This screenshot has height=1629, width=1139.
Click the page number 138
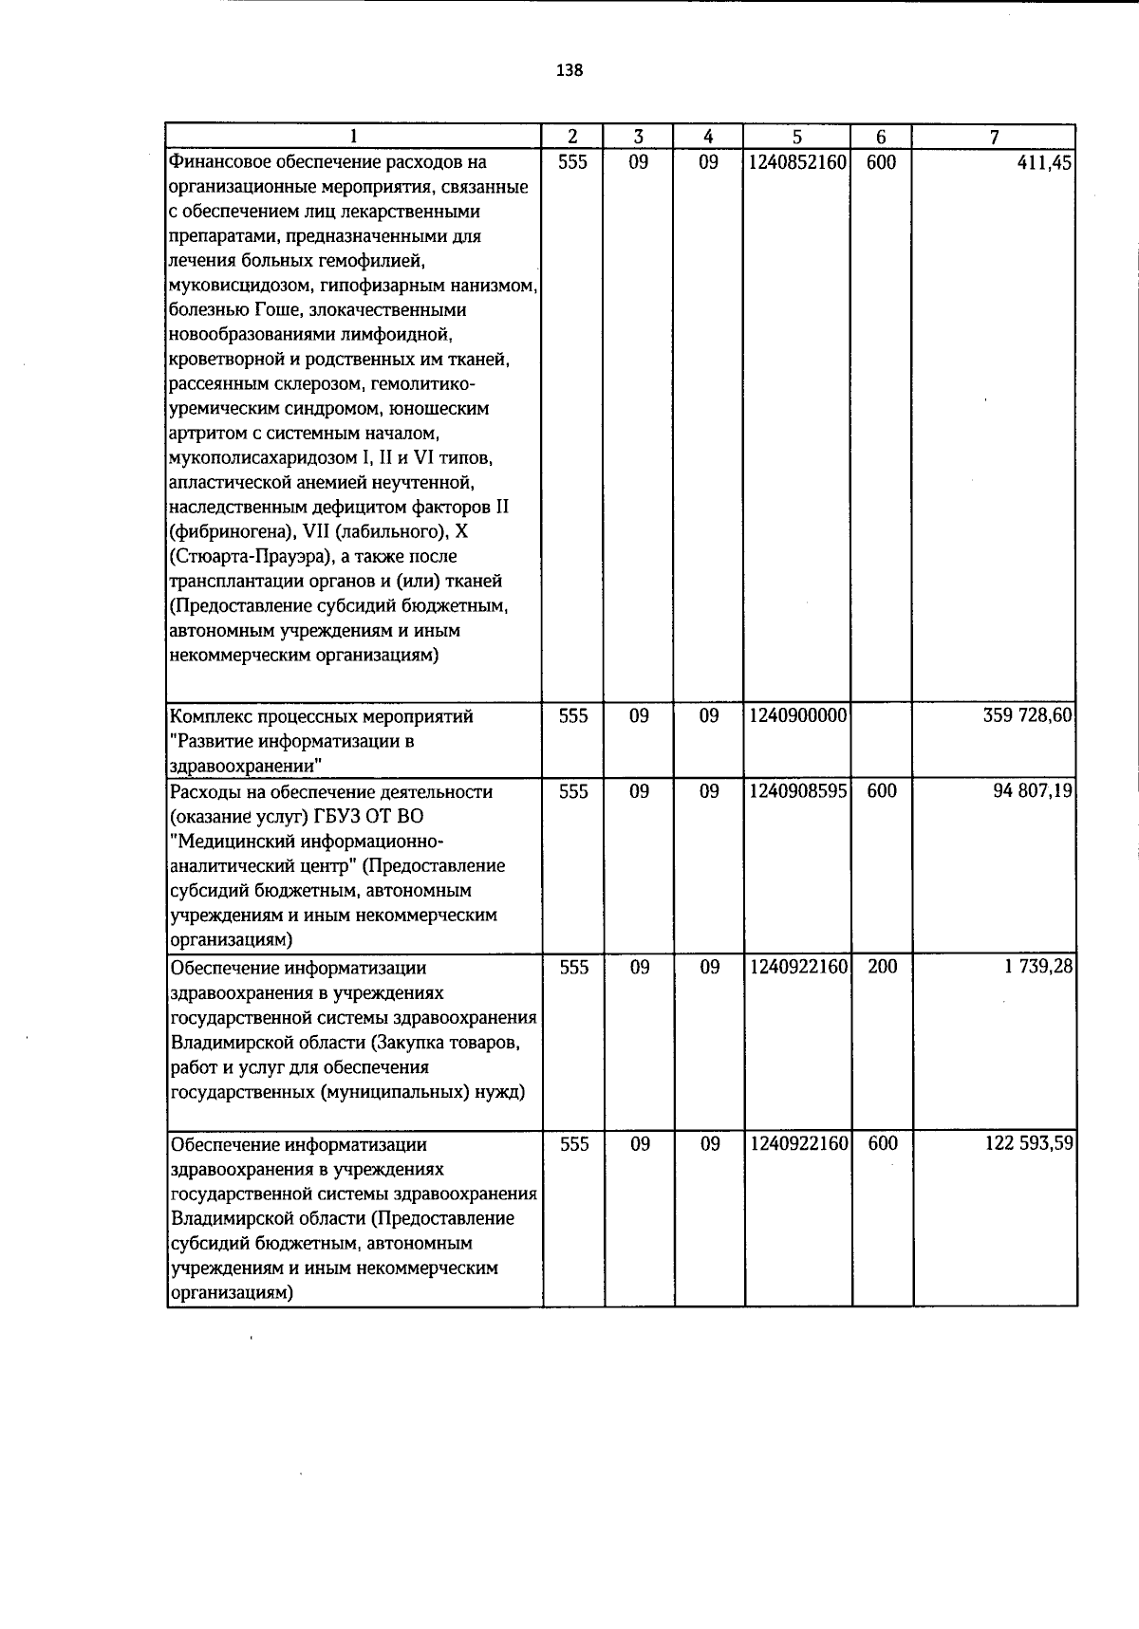point(569,70)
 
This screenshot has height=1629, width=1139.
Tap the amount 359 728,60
point(1028,715)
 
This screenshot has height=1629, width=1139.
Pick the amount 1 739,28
point(1039,967)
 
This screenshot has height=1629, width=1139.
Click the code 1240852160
point(797,163)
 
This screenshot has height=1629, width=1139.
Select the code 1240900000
point(797,716)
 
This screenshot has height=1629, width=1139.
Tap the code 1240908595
point(797,791)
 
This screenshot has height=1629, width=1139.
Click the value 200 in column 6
point(882,968)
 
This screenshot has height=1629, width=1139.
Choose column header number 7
point(994,137)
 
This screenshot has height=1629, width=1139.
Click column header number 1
point(354,137)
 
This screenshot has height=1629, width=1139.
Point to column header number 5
point(797,137)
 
